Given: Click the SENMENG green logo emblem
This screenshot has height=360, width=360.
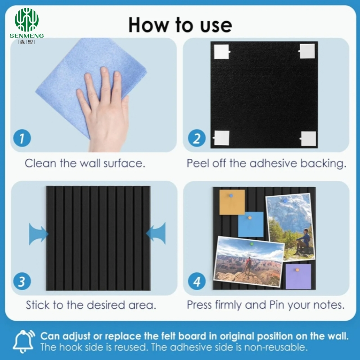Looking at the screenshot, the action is pyautogui.click(x=27, y=20).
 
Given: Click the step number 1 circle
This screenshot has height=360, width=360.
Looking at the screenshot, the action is pyautogui.click(x=22, y=138).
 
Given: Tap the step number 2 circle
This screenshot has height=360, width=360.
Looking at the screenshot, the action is pyautogui.click(x=197, y=138).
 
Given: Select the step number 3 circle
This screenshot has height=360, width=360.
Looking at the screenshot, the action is pyautogui.click(x=22, y=281).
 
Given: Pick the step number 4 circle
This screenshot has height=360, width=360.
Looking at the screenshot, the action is pyautogui.click(x=197, y=281).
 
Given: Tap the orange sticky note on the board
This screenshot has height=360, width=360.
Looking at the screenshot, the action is pyautogui.click(x=232, y=202).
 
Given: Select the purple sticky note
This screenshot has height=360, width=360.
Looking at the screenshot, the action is pyautogui.click(x=298, y=276).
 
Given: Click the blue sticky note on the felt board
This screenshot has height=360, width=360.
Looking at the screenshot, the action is pyautogui.click(x=251, y=224).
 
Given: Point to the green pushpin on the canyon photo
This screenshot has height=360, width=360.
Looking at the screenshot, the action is pyautogui.click(x=252, y=243).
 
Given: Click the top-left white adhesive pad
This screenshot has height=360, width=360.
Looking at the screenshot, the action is pyautogui.click(x=222, y=52).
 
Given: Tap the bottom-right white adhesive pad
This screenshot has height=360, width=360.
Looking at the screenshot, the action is pyautogui.click(x=308, y=139).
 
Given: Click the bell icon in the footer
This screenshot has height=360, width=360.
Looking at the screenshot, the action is pyautogui.click(x=23, y=342).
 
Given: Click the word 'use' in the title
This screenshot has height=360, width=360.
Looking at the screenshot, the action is pyautogui.click(x=216, y=25).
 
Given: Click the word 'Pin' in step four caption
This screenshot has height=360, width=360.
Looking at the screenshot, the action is pyautogui.click(x=277, y=305).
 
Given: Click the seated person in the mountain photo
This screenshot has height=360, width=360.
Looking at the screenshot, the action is pyautogui.click(x=302, y=241).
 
